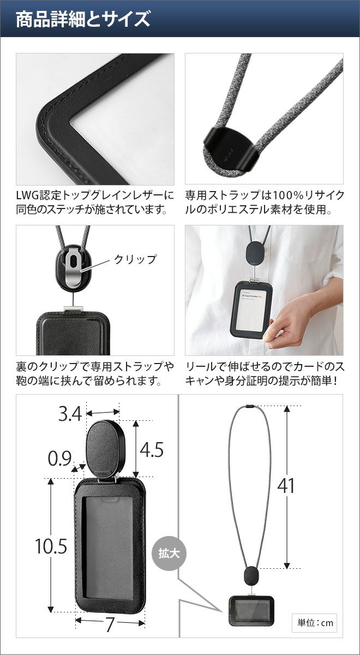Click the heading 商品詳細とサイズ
click(x=83, y=19)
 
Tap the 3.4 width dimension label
click(x=70, y=414)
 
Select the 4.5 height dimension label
click(x=152, y=449)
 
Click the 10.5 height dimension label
click(x=51, y=546)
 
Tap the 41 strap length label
click(x=286, y=486)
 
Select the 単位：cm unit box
click(x=314, y=623)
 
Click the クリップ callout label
click(x=135, y=259)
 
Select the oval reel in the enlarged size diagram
click(x=106, y=449)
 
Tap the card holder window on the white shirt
click(x=252, y=310)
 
